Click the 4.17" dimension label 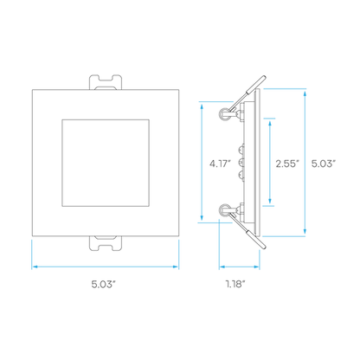pos(220,164)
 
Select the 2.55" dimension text pos(287,164)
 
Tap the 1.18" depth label pos(235,284)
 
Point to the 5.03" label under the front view pos(103,285)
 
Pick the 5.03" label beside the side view pos(324,164)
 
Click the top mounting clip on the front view pos(106,82)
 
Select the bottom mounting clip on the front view pos(106,243)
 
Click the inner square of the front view pos(106,119)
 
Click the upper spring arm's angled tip pos(263,78)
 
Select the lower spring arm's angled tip pos(263,247)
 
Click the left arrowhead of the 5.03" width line pos(35,267)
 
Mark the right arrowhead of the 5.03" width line pos(176,267)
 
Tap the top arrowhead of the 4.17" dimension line pos(202,106)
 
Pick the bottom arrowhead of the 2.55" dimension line pos(270,201)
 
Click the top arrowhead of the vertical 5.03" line pos(305,93)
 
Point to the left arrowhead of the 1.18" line pos(222,267)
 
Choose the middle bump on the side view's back pos(241,163)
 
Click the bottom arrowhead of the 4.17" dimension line pos(202,217)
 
